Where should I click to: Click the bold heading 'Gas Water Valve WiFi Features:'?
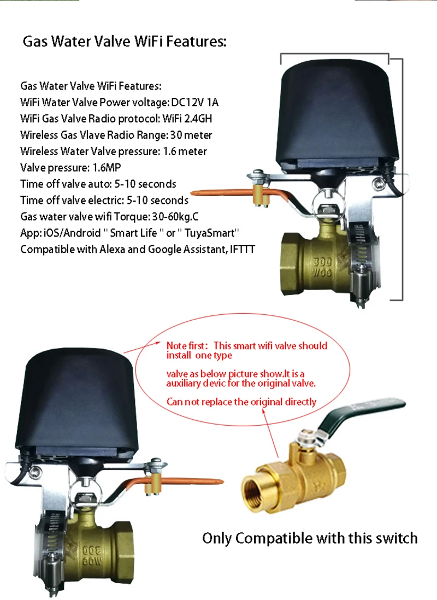click(x=125, y=42)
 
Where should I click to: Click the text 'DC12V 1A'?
click(x=195, y=102)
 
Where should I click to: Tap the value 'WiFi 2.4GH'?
click(x=187, y=119)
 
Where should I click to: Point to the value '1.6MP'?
click(x=107, y=168)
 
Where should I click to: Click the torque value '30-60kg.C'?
click(x=175, y=217)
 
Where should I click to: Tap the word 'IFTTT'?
click(x=242, y=250)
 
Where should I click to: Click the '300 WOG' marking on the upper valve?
click(x=322, y=267)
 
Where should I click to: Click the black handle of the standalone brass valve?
click(x=359, y=415)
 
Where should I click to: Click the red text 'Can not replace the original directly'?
click(x=241, y=402)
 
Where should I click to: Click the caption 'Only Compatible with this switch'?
click(x=310, y=538)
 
